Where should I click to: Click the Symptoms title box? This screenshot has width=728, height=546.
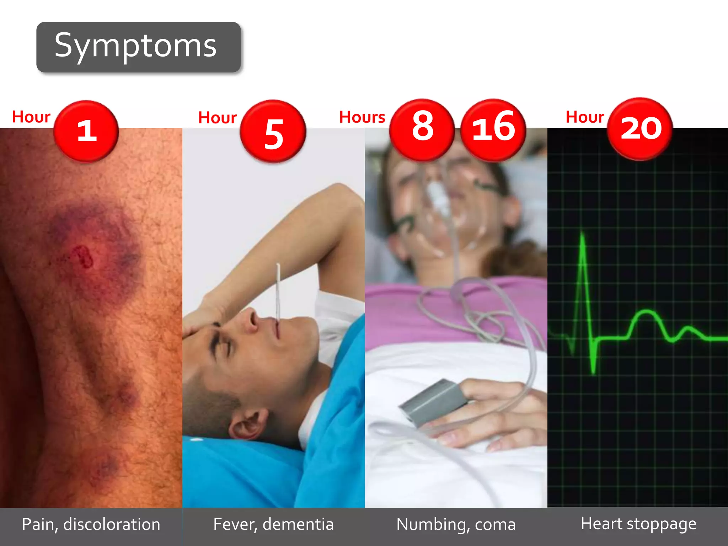pos(138,47)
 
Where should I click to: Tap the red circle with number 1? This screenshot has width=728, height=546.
pos(86,131)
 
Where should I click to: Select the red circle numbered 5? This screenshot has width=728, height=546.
pos(273,132)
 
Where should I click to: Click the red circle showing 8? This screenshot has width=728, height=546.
pos(422,129)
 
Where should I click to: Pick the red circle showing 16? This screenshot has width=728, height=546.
pos(493,130)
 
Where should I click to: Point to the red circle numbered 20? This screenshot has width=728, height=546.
pos(640,129)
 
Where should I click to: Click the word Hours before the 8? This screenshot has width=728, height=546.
pos(362,117)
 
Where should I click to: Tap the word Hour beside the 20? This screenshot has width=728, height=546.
pos(585,117)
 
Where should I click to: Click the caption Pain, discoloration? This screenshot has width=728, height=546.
pos(91,525)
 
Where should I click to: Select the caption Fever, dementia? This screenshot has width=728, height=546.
pos(273,524)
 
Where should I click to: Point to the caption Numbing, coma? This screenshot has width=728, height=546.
pos(456,525)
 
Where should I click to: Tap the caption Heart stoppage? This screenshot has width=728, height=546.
pos(638,524)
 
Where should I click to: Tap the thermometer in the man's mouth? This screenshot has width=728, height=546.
pos(278,291)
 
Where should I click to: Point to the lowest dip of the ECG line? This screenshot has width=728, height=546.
pos(593,371)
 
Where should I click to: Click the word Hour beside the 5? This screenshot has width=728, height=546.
pos(217,118)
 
